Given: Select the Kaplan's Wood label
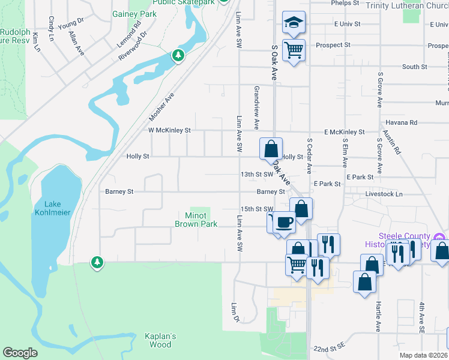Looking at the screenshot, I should coord(160,340).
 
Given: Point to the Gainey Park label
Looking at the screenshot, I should coord(134,14).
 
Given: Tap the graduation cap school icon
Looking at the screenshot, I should coord(294,23).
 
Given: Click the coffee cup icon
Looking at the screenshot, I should coord(285,223).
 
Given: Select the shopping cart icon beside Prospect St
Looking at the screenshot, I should coord(294,50).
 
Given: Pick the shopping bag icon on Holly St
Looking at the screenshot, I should coord(271,148).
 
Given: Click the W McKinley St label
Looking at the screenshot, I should coord(169,130).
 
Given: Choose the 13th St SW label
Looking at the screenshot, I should coord(256,174).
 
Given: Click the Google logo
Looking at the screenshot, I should coord(20,353).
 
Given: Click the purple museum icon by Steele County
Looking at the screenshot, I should coord(441,238).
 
